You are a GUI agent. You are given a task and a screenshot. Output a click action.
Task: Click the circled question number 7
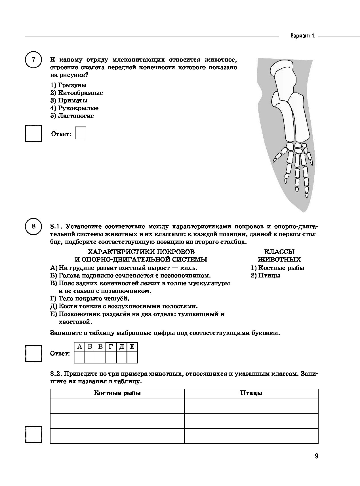[x=33, y=60]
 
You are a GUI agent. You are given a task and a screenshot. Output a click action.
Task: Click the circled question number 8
[x=33, y=226]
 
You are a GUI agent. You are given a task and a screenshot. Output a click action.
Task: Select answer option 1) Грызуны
[x=68, y=85]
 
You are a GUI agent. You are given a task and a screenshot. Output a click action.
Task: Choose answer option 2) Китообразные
[x=77, y=93]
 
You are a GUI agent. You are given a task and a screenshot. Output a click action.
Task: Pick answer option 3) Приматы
[x=69, y=100]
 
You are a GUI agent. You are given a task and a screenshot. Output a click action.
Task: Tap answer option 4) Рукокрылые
[x=74, y=108]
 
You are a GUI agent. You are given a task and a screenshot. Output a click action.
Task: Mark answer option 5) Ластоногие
[x=72, y=116]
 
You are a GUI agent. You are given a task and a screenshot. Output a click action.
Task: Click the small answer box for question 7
[x=81, y=133]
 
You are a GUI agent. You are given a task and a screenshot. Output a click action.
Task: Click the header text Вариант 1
[x=303, y=36]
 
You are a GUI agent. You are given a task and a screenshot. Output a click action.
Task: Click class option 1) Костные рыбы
[x=277, y=268]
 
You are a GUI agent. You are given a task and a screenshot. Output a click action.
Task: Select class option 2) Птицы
[x=266, y=275]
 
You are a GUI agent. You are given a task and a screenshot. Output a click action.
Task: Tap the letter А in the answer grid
[x=79, y=346]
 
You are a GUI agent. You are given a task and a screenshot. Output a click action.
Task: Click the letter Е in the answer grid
[x=132, y=346]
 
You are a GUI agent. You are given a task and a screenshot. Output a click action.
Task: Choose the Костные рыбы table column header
[x=117, y=393]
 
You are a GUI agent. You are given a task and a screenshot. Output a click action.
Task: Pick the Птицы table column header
[x=251, y=393]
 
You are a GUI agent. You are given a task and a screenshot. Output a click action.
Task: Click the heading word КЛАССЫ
[x=279, y=252]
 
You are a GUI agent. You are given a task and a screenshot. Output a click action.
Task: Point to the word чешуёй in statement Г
[x=119, y=298]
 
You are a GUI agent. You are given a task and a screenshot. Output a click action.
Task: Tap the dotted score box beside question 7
[x=33, y=133]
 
